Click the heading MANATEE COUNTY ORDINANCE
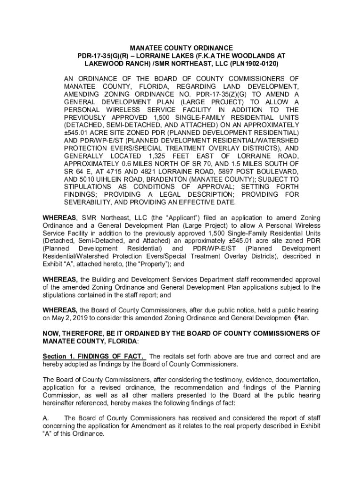pos(181,48)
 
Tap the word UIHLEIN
pos(113,180)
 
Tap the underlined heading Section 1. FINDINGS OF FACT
pos(94,356)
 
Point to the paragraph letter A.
pos(45,418)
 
